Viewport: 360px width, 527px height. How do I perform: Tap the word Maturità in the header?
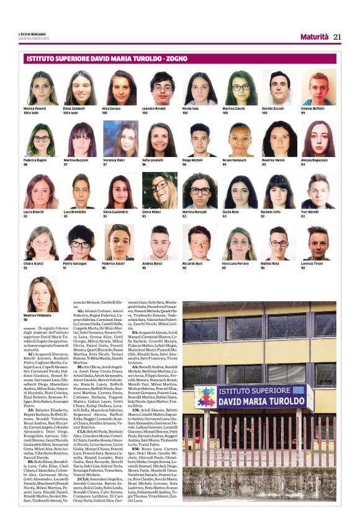pos(314,37)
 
